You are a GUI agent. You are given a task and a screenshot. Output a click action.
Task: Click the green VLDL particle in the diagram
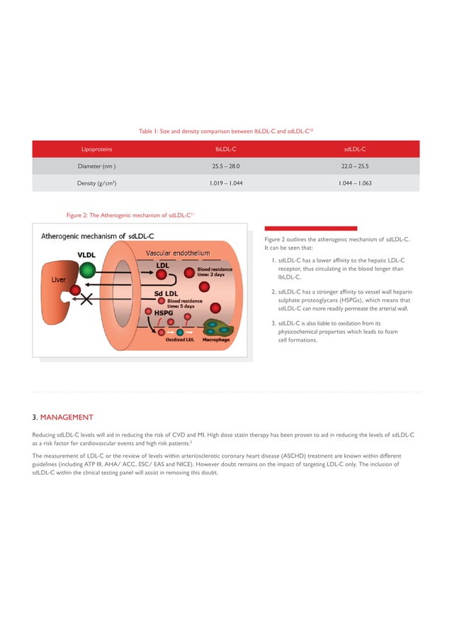click(x=86, y=269)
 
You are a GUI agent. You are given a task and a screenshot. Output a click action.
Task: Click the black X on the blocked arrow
click(x=88, y=300)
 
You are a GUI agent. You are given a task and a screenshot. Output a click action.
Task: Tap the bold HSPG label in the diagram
click(x=157, y=311)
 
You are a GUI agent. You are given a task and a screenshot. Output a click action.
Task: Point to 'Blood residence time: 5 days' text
click(x=183, y=302)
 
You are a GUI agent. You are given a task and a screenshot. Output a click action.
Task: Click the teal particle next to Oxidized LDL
click(x=180, y=331)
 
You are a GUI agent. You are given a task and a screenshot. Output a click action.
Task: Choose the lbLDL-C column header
click(x=227, y=149)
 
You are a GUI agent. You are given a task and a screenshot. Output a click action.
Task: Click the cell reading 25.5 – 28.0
click(x=227, y=166)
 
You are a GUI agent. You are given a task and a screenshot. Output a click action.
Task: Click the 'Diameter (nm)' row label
click(x=96, y=166)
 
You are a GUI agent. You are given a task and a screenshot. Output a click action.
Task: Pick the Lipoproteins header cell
click(x=96, y=149)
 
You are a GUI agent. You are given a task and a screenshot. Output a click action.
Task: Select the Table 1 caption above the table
click(x=226, y=131)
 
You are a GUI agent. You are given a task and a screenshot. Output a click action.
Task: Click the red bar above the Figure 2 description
click(x=310, y=228)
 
